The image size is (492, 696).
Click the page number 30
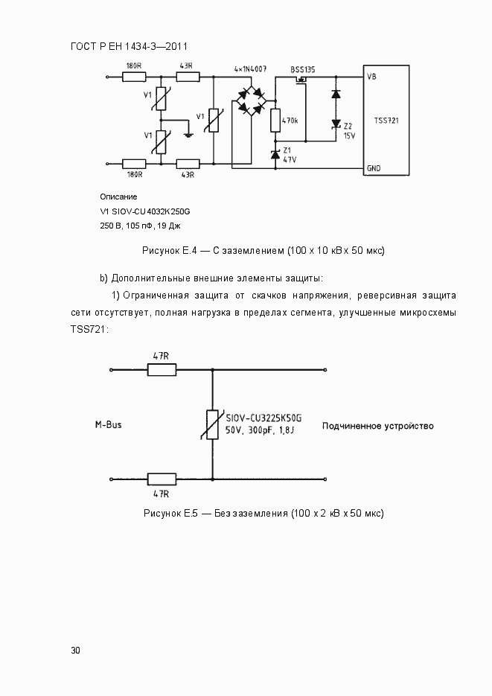point(75,650)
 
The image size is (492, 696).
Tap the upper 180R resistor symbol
point(135,76)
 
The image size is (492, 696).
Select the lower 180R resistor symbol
point(135,163)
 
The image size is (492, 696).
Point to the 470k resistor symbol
point(275,121)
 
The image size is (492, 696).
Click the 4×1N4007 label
point(250,68)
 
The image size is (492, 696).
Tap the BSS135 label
point(303,68)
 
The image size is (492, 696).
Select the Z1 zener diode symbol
point(275,154)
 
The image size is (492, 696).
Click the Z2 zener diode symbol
point(335,124)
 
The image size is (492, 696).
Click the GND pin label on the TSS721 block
point(374,168)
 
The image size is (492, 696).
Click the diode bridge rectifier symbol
point(251,101)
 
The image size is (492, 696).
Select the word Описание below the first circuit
point(118,197)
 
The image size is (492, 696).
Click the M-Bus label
point(108,425)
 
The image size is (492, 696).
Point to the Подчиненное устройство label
point(377,426)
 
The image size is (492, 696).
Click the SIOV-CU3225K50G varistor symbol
point(212,424)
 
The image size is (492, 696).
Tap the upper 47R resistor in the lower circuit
point(161,369)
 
